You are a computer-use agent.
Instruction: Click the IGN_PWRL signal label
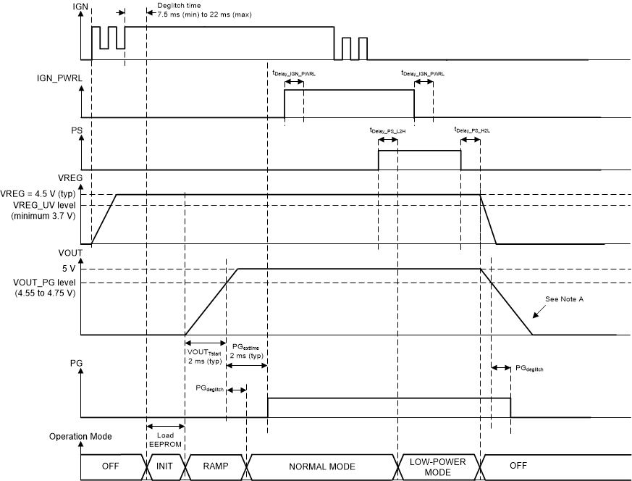98,76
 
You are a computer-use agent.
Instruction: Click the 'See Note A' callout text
566,299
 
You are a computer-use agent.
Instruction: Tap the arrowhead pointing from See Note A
535,317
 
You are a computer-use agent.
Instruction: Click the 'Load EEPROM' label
165,439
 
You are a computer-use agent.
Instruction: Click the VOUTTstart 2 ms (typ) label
204,355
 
